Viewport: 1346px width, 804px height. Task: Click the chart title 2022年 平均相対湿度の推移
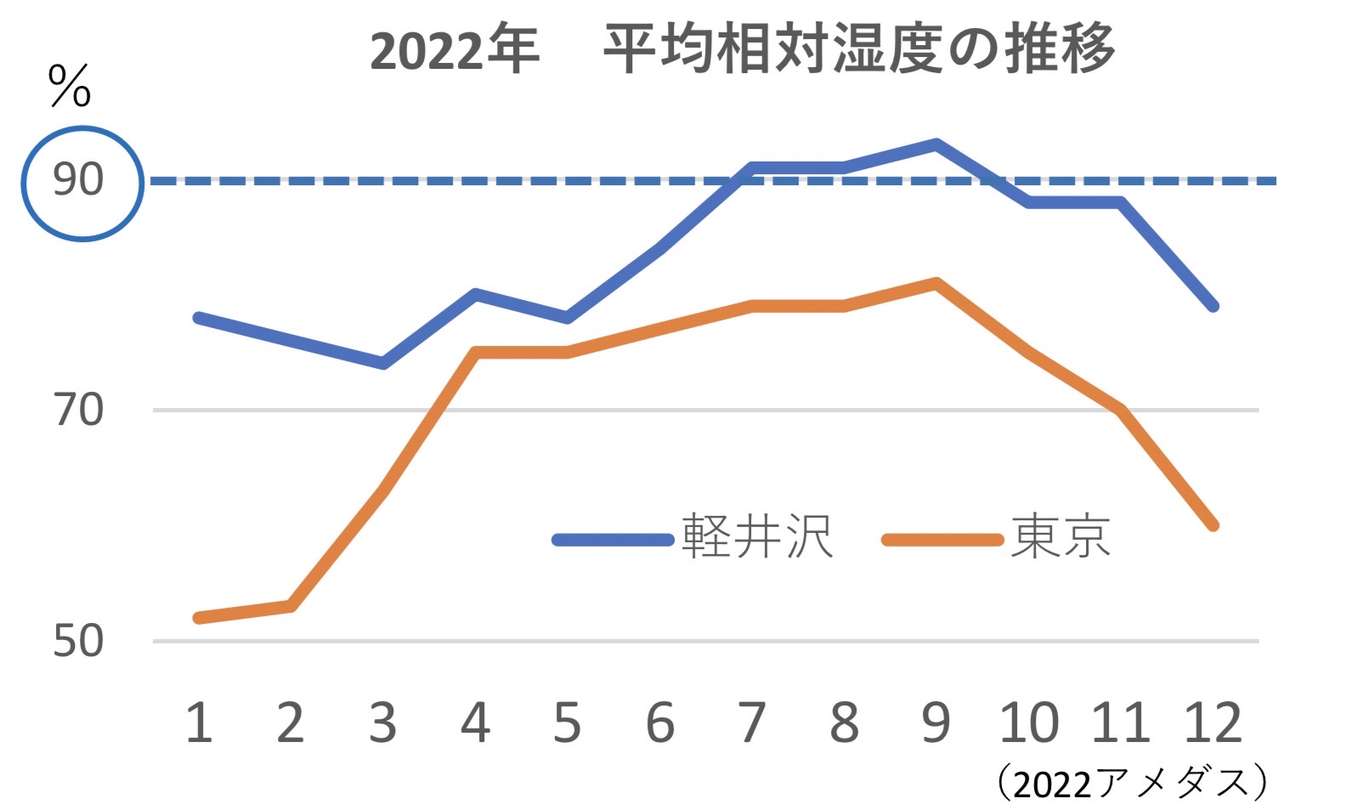point(741,48)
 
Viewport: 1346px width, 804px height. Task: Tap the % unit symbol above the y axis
point(70,86)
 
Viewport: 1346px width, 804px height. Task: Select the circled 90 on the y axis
point(80,181)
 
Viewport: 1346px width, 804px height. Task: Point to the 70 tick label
point(78,410)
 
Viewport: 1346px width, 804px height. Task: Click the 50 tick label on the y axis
point(78,640)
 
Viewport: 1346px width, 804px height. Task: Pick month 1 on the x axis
point(199,722)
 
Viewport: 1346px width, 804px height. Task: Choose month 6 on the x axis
point(659,722)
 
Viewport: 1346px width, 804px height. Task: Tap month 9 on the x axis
point(936,722)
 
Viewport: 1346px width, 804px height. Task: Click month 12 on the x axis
point(1213,722)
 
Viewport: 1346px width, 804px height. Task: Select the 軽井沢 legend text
point(756,537)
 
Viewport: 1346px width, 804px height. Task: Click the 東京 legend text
point(1060,537)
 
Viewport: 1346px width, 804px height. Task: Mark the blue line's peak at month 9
point(936,144)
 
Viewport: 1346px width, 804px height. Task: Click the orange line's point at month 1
point(199,618)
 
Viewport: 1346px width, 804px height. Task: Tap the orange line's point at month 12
point(1213,525)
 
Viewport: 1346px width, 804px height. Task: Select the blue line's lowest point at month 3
point(383,364)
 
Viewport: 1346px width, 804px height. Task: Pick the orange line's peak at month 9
point(936,282)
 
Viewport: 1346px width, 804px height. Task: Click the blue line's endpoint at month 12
point(1213,306)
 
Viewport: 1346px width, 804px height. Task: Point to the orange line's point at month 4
point(476,352)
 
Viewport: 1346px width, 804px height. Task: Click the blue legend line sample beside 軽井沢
point(613,540)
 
